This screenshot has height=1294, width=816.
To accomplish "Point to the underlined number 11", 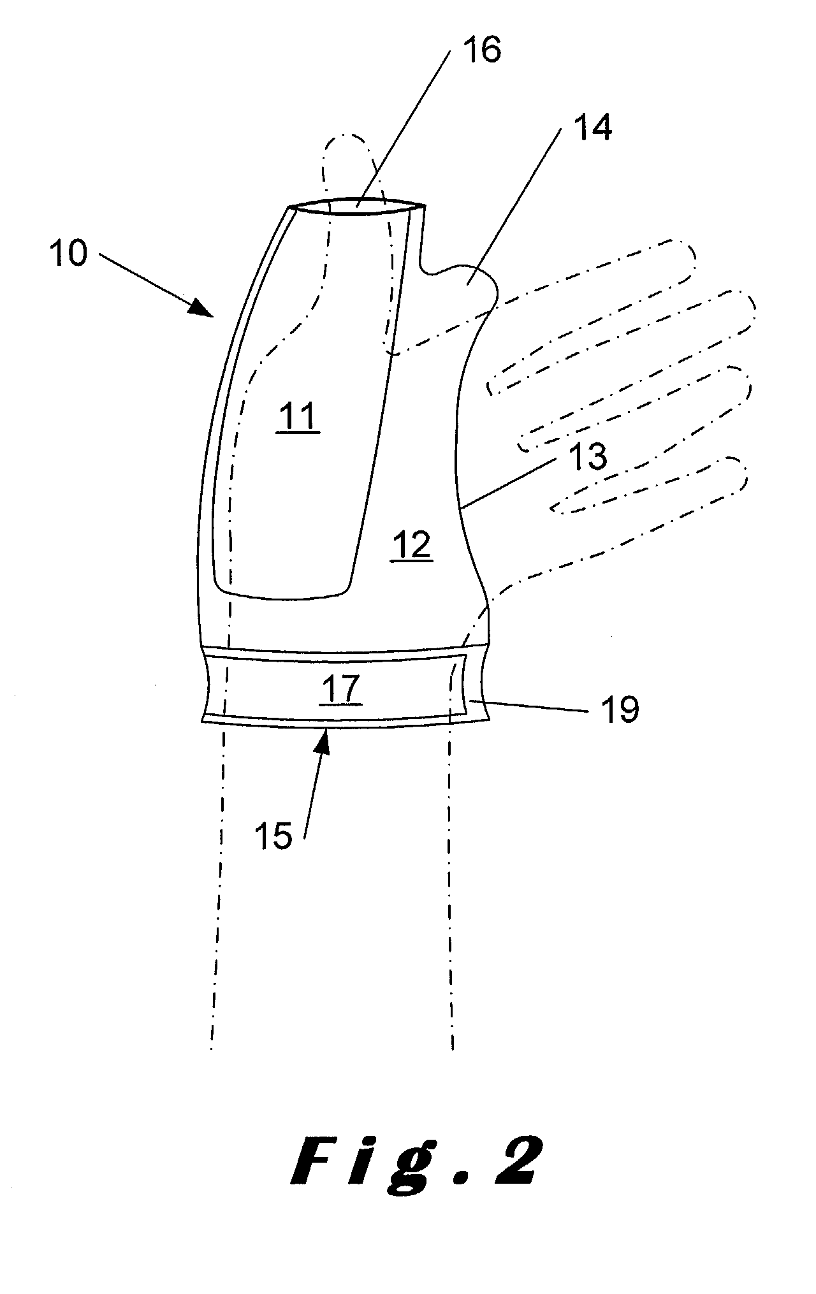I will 298,418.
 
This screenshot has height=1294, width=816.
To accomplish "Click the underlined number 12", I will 412,546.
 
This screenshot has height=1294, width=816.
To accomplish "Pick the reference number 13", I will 588,456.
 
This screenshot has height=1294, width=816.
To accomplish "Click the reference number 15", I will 273,835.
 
